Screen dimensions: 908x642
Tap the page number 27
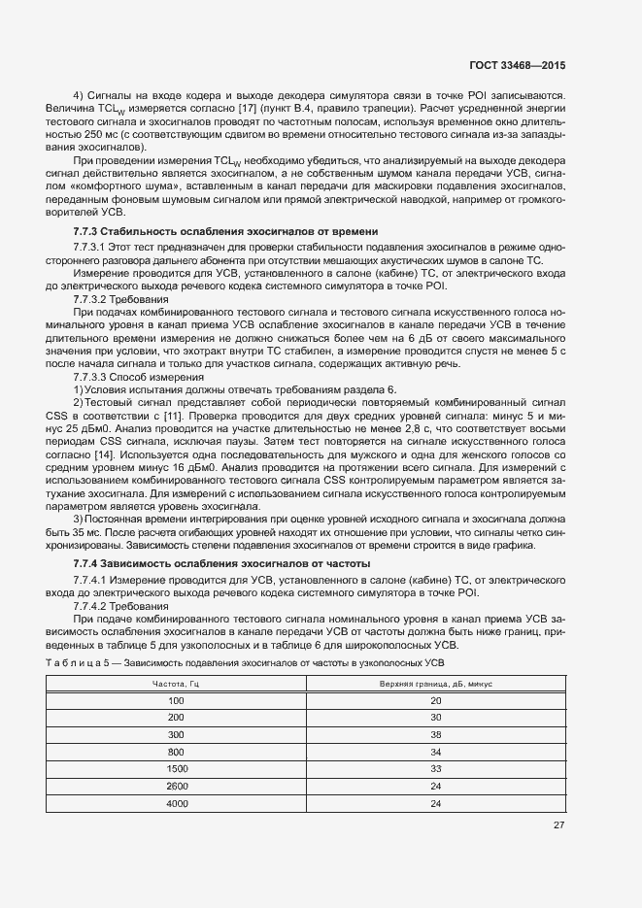(558, 825)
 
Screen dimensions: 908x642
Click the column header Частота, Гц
(176, 684)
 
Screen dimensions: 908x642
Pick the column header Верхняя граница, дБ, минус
(435, 684)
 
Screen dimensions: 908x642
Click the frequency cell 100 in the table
(176, 700)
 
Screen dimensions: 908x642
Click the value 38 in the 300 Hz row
(435, 734)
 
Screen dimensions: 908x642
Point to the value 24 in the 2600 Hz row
(435, 786)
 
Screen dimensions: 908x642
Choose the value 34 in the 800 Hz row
(435, 752)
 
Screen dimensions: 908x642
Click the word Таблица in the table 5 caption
(72, 662)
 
